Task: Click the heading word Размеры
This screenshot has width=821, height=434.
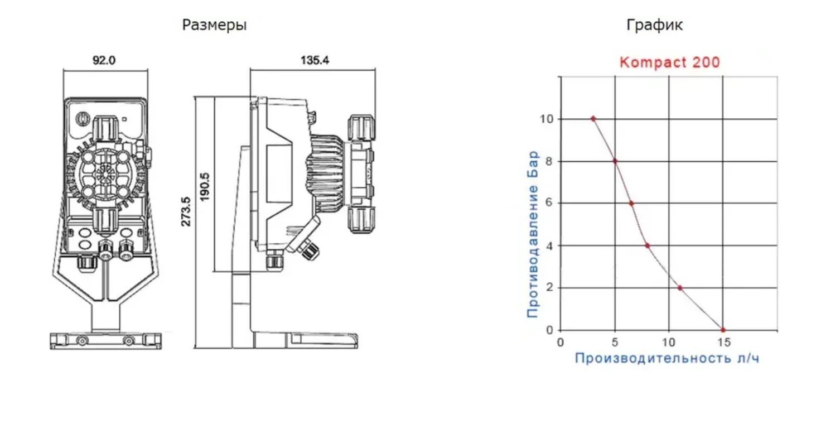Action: (214, 25)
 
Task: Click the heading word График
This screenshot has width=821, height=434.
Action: (654, 25)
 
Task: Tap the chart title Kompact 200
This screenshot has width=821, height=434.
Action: (669, 62)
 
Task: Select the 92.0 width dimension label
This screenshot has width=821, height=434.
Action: (104, 60)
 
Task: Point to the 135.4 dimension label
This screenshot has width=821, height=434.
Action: (315, 60)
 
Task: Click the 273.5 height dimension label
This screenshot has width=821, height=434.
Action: (186, 212)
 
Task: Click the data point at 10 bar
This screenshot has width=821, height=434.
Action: (593, 118)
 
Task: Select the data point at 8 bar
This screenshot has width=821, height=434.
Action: (615, 161)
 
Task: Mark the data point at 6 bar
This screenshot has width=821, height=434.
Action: (631, 203)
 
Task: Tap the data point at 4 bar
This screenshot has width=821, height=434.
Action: (647, 245)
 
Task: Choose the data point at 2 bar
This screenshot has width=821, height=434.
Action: (680, 288)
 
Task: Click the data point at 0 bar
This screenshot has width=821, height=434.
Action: (723, 330)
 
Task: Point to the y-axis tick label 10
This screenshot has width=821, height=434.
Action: (547, 119)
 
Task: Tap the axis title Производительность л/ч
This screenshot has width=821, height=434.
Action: (667, 358)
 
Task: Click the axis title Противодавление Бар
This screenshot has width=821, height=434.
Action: (533, 234)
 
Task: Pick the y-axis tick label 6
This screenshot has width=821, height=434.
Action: (549, 204)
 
